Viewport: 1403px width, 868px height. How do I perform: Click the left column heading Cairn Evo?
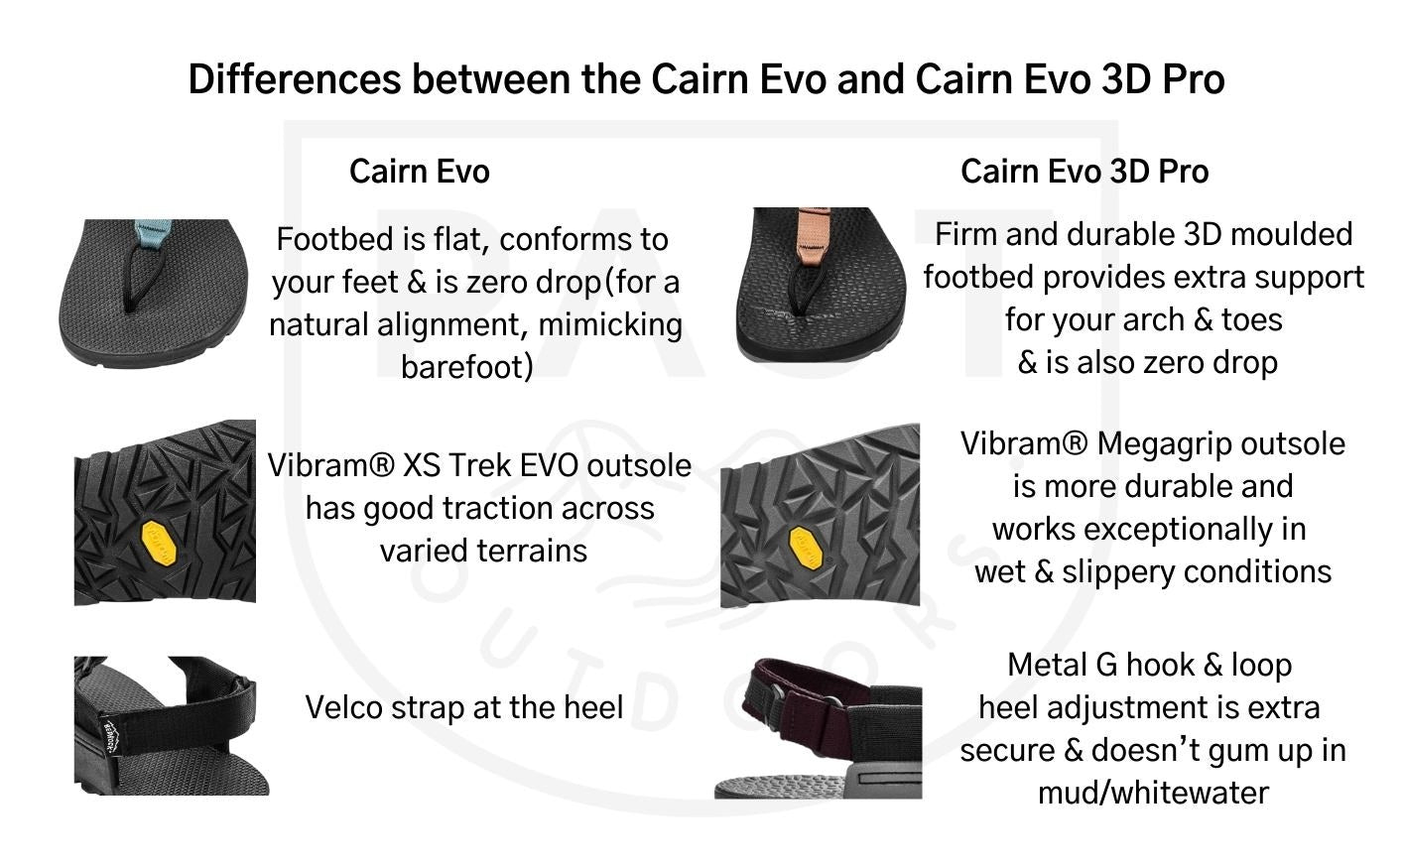point(419,171)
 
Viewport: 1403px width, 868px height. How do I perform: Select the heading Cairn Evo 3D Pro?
point(1084,171)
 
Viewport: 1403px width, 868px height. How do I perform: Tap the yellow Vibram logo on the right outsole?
point(805,548)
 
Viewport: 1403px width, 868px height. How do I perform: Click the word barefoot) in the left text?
point(467,366)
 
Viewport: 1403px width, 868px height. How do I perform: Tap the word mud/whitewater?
point(1153,793)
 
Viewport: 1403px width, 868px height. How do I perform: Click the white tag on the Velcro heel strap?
point(109,736)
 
